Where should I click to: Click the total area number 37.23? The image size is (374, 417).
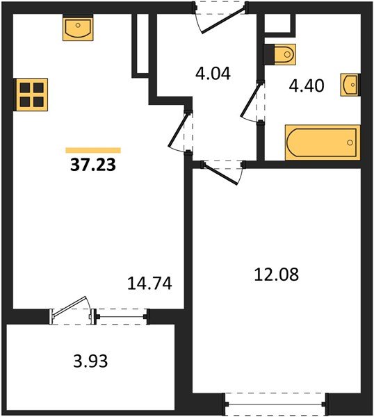pyautogui.click(x=93, y=165)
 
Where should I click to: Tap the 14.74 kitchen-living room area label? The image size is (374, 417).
pyautogui.click(x=149, y=284)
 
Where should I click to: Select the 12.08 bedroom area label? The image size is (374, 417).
pyautogui.click(x=277, y=275)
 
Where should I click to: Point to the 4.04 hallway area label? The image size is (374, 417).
pyautogui.click(x=213, y=74)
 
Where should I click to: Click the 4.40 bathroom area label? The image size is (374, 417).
pyautogui.click(x=307, y=85)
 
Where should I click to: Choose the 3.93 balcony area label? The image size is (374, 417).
pyautogui.click(x=90, y=361)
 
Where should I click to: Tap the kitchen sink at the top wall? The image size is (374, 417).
pyautogui.click(x=78, y=28)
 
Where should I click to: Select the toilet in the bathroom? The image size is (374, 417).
pyautogui.click(x=280, y=54)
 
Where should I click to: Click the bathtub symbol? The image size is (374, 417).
pyautogui.click(x=323, y=142)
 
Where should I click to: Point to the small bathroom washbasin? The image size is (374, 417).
pyautogui.click(x=350, y=85)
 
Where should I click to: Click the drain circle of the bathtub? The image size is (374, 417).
pyautogui.click(x=350, y=142)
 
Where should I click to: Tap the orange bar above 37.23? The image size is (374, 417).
pyautogui.click(x=93, y=151)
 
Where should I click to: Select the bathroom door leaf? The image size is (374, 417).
pyautogui.click(x=250, y=99)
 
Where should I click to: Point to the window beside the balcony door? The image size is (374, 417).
pyautogui.click(x=121, y=316)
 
